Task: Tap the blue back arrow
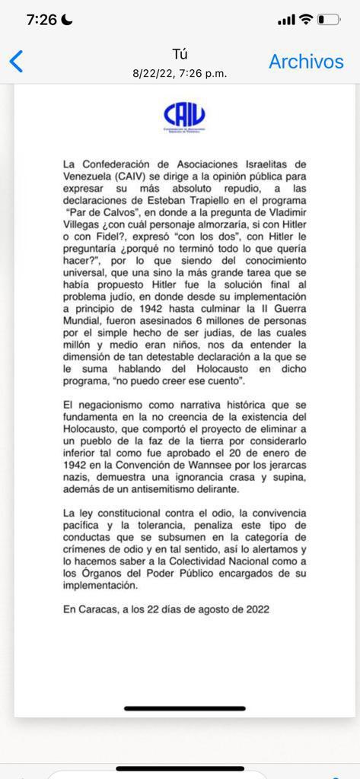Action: coord(16,61)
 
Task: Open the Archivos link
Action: coord(306,62)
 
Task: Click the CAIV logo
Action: coord(184,116)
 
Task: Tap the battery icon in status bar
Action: coord(330,19)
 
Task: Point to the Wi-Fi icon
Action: coord(306,19)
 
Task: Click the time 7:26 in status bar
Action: coord(41,20)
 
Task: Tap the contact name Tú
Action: coord(180,54)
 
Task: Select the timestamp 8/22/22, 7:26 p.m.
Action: coord(180,74)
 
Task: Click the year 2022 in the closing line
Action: coord(253,609)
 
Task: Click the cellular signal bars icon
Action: coord(286,20)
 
